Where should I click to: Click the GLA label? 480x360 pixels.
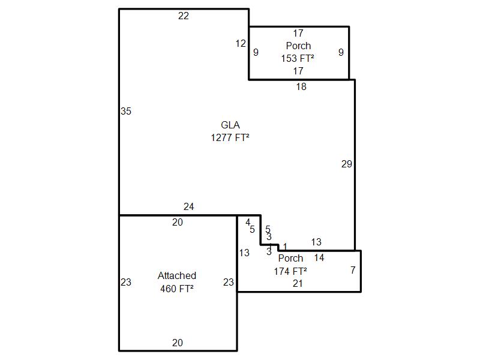point(230,125)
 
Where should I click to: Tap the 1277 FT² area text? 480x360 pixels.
point(230,137)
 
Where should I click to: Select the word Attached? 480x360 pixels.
point(177,275)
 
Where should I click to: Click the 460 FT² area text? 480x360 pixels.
point(177,288)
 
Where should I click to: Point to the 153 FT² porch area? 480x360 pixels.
point(298,58)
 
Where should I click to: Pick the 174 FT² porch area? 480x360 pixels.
point(291,271)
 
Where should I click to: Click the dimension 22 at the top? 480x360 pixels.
point(184,16)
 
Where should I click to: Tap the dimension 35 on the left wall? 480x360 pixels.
point(126,111)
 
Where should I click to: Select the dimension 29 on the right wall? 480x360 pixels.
point(347,164)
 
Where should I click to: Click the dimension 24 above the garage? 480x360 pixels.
point(189,207)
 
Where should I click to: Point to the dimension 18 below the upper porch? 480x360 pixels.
point(301,87)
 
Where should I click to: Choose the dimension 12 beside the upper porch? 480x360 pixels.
point(241,43)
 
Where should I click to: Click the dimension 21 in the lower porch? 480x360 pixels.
point(298,283)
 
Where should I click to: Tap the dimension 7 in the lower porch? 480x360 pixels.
point(353,270)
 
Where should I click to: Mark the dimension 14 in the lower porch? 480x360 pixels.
point(319,257)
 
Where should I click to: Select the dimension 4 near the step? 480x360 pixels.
point(248,223)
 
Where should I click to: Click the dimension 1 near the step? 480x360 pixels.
point(285,246)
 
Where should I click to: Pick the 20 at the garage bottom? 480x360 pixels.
point(178,343)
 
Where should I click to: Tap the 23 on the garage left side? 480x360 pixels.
point(126,282)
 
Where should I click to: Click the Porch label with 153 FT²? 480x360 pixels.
point(298,46)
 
